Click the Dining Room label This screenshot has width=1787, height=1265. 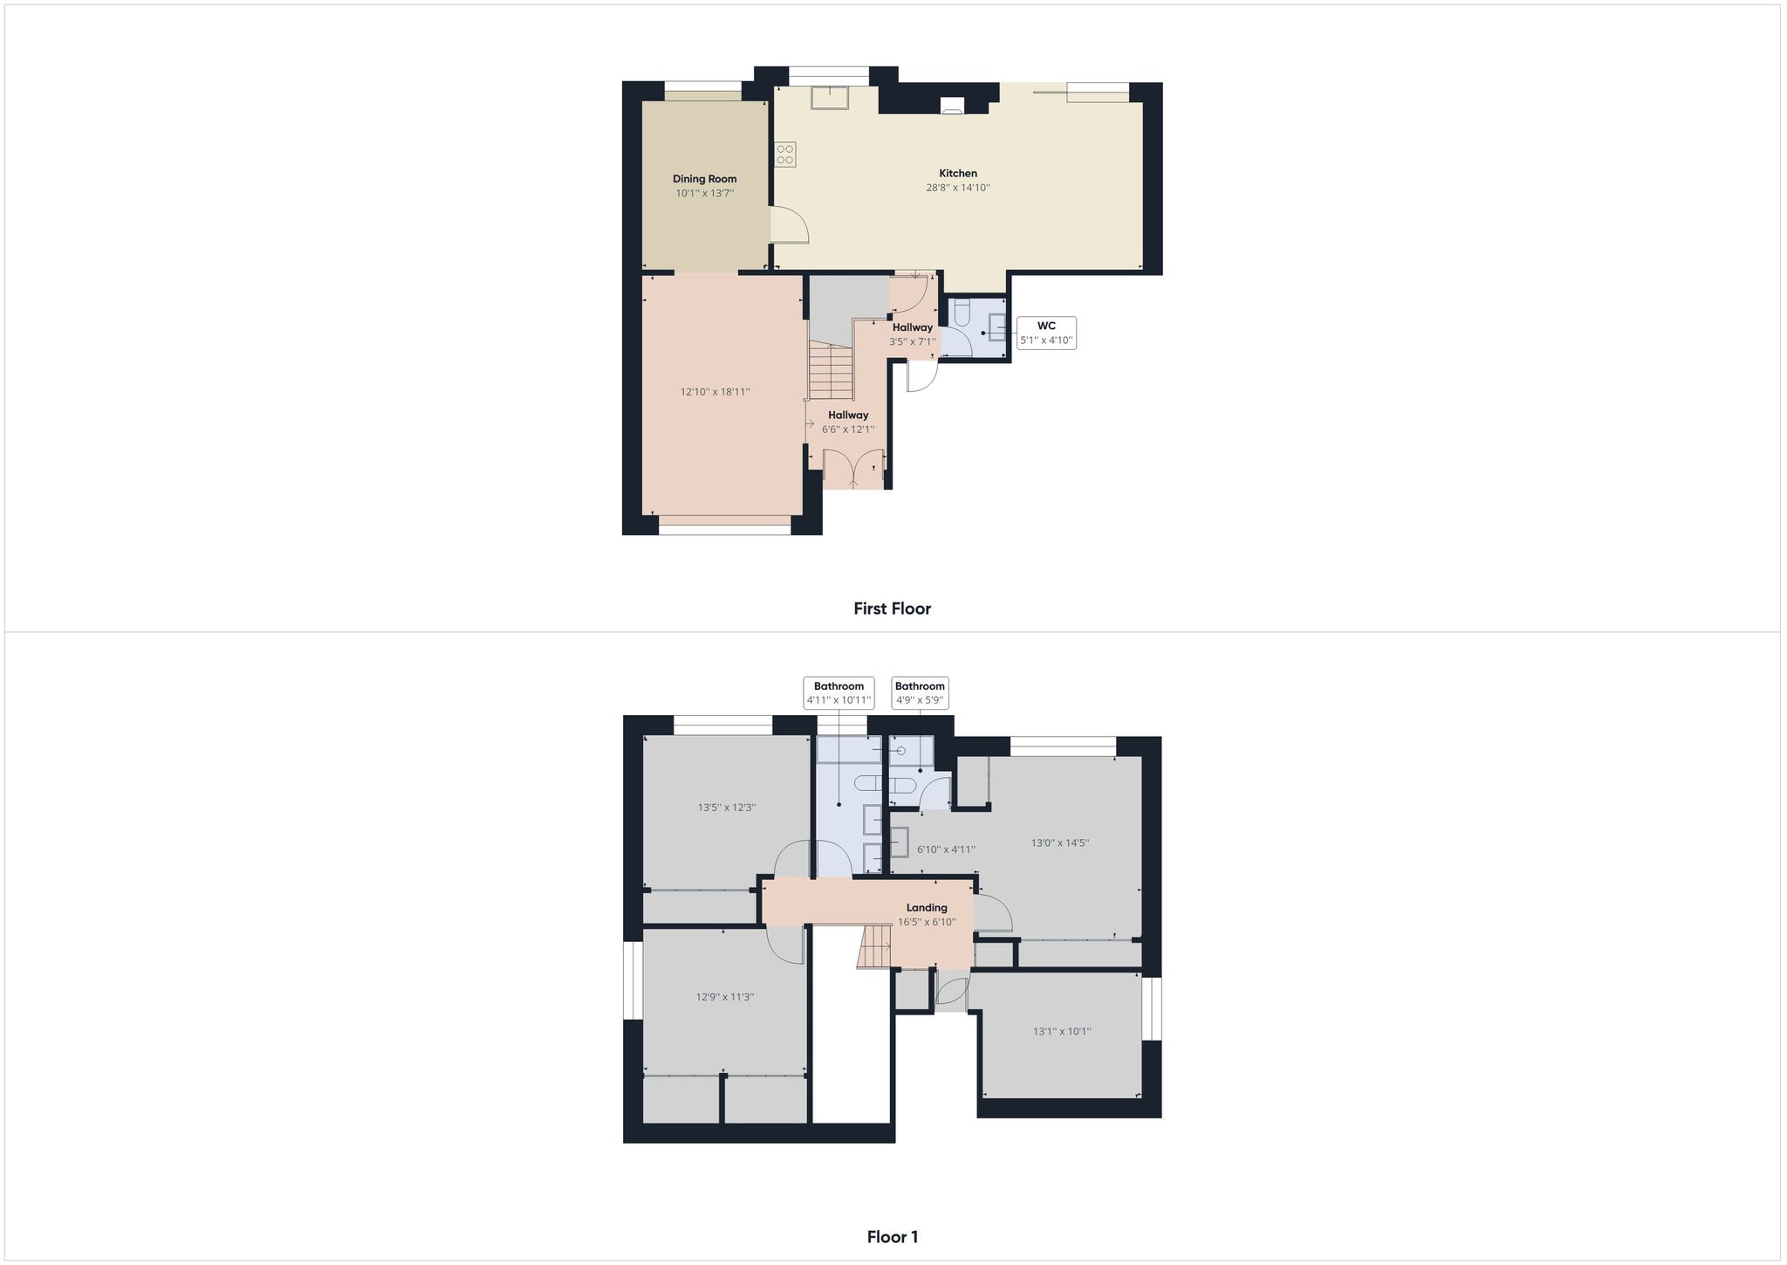coord(704,179)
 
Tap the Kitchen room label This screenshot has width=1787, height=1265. coord(958,174)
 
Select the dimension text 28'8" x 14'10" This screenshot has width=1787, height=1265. coord(958,188)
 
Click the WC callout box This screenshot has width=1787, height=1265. coord(1046,333)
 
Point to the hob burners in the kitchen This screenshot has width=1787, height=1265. coord(785,155)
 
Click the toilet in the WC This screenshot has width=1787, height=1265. coord(961,313)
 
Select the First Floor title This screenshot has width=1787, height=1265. coord(893,608)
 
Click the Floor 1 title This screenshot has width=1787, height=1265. coord(893,1236)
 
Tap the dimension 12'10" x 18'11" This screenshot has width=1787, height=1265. coord(715,392)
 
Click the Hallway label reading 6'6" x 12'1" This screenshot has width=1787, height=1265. coord(848,422)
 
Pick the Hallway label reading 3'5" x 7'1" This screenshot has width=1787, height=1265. coord(913,334)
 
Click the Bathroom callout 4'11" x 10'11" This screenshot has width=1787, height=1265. coord(839,693)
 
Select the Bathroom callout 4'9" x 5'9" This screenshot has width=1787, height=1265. coord(920,693)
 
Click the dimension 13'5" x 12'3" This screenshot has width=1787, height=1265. coord(727,808)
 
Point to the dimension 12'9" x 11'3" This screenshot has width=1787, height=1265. coord(724,997)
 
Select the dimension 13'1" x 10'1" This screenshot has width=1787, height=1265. coord(1062,1031)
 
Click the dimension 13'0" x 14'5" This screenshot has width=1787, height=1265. coord(1060,843)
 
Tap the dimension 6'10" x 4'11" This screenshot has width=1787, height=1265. coord(946,849)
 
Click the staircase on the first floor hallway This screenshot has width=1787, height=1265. coord(830,370)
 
